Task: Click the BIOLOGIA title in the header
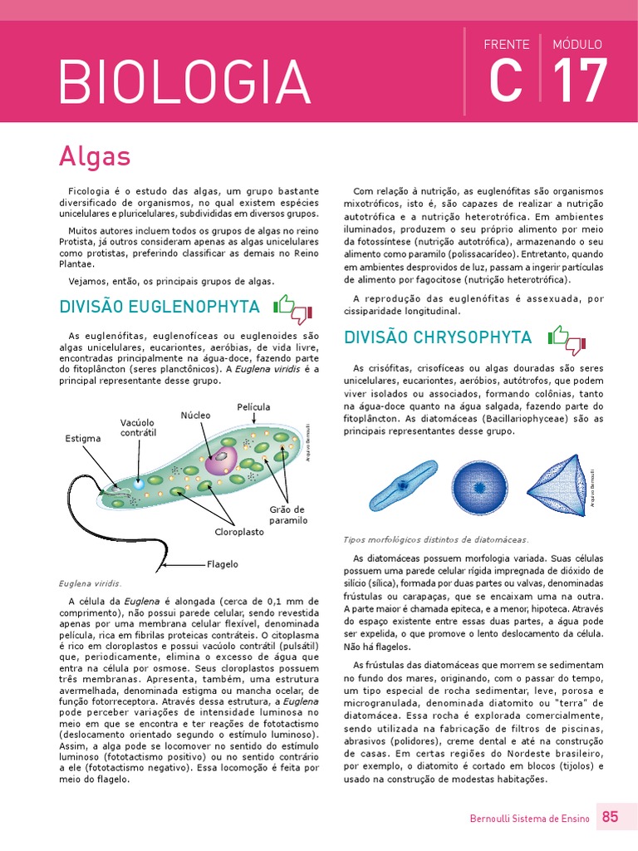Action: point(184,81)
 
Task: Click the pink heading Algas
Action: point(95,155)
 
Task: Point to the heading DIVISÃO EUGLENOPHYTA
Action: point(159,307)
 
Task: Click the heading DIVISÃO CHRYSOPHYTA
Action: point(438,337)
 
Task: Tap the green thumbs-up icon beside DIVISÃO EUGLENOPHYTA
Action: point(285,305)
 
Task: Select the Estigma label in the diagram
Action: point(83,438)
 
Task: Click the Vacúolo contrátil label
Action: point(138,428)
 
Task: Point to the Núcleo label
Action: point(196,415)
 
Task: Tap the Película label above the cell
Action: point(253,407)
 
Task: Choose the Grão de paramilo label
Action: point(287,514)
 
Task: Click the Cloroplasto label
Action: point(239,530)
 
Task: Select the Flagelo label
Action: point(223,564)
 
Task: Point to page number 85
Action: point(611,817)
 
